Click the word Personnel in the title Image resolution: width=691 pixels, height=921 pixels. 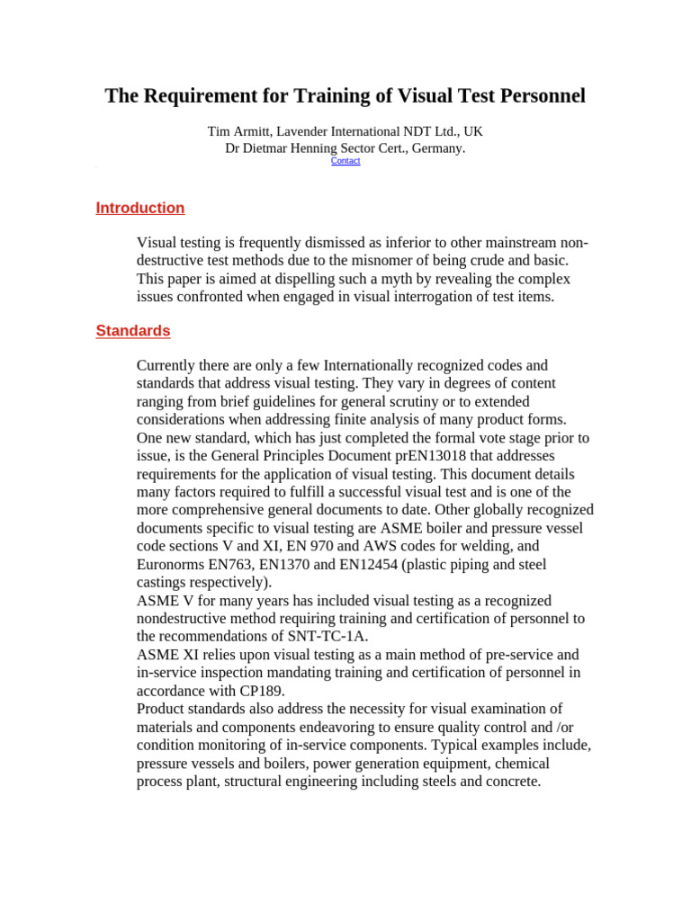[x=539, y=95]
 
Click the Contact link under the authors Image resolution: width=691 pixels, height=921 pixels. [x=345, y=161]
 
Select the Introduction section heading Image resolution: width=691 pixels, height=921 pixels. [x=140, y=208]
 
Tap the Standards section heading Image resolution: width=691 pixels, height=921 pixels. [x=133, y=331]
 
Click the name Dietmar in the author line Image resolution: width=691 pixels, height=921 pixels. [x=270, y=148]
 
